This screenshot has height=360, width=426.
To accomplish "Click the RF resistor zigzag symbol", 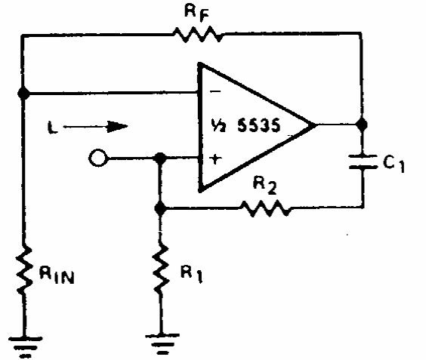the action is tap(198, 34).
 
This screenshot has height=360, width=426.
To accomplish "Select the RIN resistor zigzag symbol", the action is tap(24, 269).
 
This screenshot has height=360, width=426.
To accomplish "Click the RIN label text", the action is tap(57, 275).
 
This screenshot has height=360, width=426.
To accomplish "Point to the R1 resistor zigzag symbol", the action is tap(161, 268).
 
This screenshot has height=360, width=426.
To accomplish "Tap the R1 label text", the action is tap(192, 274).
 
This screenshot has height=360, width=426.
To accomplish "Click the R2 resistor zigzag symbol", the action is tap(265, 208).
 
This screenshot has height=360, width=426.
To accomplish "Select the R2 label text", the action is tap(265, 185).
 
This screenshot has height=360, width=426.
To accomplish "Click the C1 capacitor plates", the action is tap(363, 162).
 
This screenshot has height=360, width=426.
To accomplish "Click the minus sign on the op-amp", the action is tap(215, 91).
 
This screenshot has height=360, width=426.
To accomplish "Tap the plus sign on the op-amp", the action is tap(215, 159).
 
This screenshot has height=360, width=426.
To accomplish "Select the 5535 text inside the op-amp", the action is tap(258, 126).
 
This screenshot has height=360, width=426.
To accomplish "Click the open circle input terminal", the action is tap(97, 158).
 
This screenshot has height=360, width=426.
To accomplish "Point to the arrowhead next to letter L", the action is tap(117, 127).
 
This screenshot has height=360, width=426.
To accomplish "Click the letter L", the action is tap(52, 128).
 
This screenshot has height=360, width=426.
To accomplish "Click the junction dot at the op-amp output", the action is tap(362, 125).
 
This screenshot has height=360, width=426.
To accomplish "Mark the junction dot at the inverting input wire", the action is tap(23, 93).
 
